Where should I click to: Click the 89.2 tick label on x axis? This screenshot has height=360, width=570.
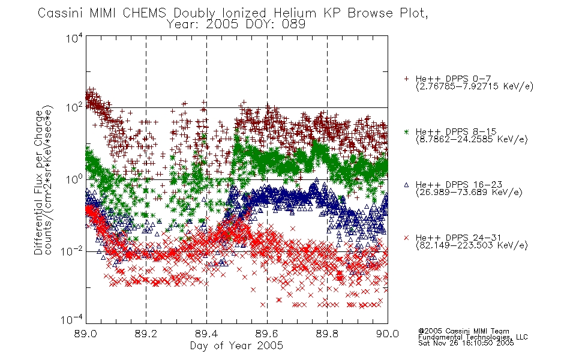(146, 334)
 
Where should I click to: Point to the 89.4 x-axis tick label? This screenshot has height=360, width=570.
(206, 334)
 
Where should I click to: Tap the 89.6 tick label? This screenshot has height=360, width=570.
(267, 334)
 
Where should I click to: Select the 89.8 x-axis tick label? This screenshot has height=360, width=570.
(327, 334)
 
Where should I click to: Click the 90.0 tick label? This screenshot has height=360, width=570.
(388, 334)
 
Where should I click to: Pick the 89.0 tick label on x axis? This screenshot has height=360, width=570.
(85, 334)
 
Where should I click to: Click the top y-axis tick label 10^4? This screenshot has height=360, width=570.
(74, 38)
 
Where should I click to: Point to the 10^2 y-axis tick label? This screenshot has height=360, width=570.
(74, 108)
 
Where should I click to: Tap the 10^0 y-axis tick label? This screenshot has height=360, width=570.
(74, 180)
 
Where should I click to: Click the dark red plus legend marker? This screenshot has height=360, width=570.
(406, 79)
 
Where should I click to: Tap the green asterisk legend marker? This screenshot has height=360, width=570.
(406, 131)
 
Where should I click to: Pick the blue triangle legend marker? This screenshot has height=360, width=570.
(406, 185)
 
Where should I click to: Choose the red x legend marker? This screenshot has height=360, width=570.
(406, 238)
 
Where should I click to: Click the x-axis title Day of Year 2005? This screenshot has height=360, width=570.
(236, 346)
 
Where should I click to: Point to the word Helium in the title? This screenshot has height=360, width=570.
(295, 13)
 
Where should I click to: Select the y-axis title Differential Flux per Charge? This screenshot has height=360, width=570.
(38, 182)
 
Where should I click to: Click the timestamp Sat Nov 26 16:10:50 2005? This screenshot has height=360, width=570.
(466, 343)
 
